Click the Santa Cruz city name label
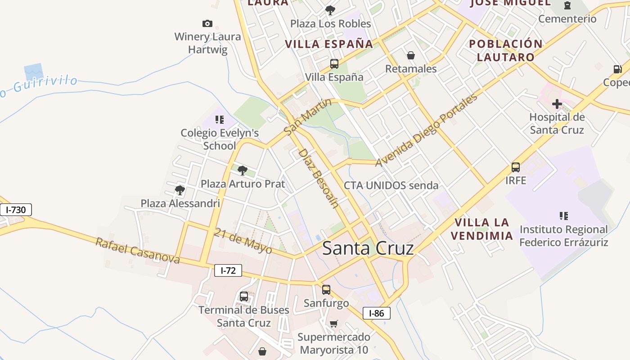368,248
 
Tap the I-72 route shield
228,270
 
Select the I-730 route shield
16,210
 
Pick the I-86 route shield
376,313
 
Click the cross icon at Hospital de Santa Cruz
557,104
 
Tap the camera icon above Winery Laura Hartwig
207,23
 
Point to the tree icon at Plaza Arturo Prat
243,171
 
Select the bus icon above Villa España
334,64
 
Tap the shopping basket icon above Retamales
410,55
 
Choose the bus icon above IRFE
516,167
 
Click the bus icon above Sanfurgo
326,290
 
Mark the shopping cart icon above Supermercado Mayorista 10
333,324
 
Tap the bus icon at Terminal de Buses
243,297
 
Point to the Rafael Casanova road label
137,251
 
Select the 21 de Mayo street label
243,240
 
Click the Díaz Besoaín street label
318,178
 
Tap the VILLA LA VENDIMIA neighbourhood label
482,229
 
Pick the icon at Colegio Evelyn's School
219,120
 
